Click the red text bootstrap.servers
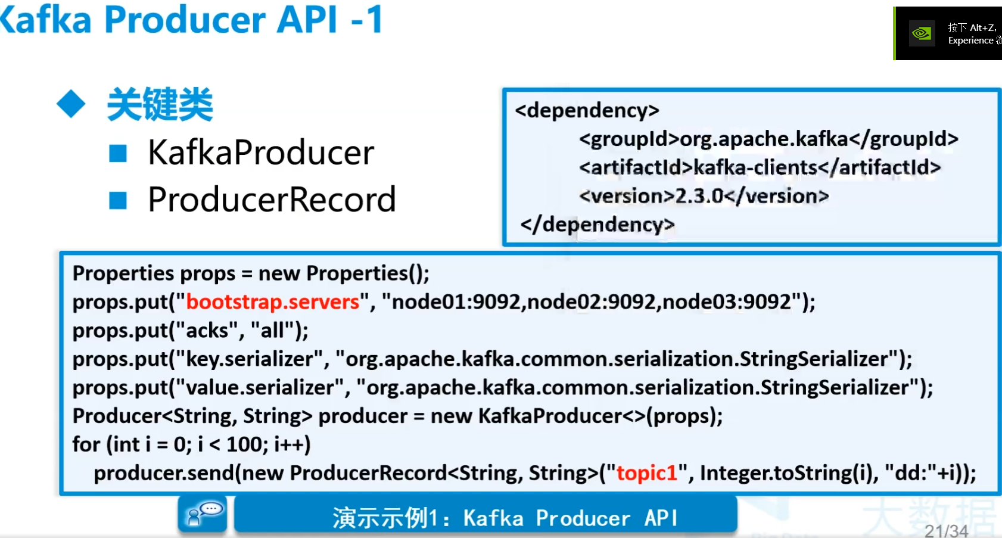(272, 302)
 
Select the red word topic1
(647, 472)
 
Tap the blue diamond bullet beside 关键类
(71, 104)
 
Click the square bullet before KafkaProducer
(118, 153)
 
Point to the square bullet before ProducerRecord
(118, 200)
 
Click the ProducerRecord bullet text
(272, 200)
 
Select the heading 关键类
(160, 104)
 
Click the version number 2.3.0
(699, 196)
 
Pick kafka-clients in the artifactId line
(755, 167)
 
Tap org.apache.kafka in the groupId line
(764, 139)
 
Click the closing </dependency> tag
(598, 225)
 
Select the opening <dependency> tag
(587, 110)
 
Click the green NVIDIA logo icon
(922, 33)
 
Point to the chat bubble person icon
(202, 514)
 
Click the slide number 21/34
(946, 531)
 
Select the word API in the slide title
(307, 19)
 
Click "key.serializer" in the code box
(249, 359)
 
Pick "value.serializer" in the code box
(260, 388)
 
